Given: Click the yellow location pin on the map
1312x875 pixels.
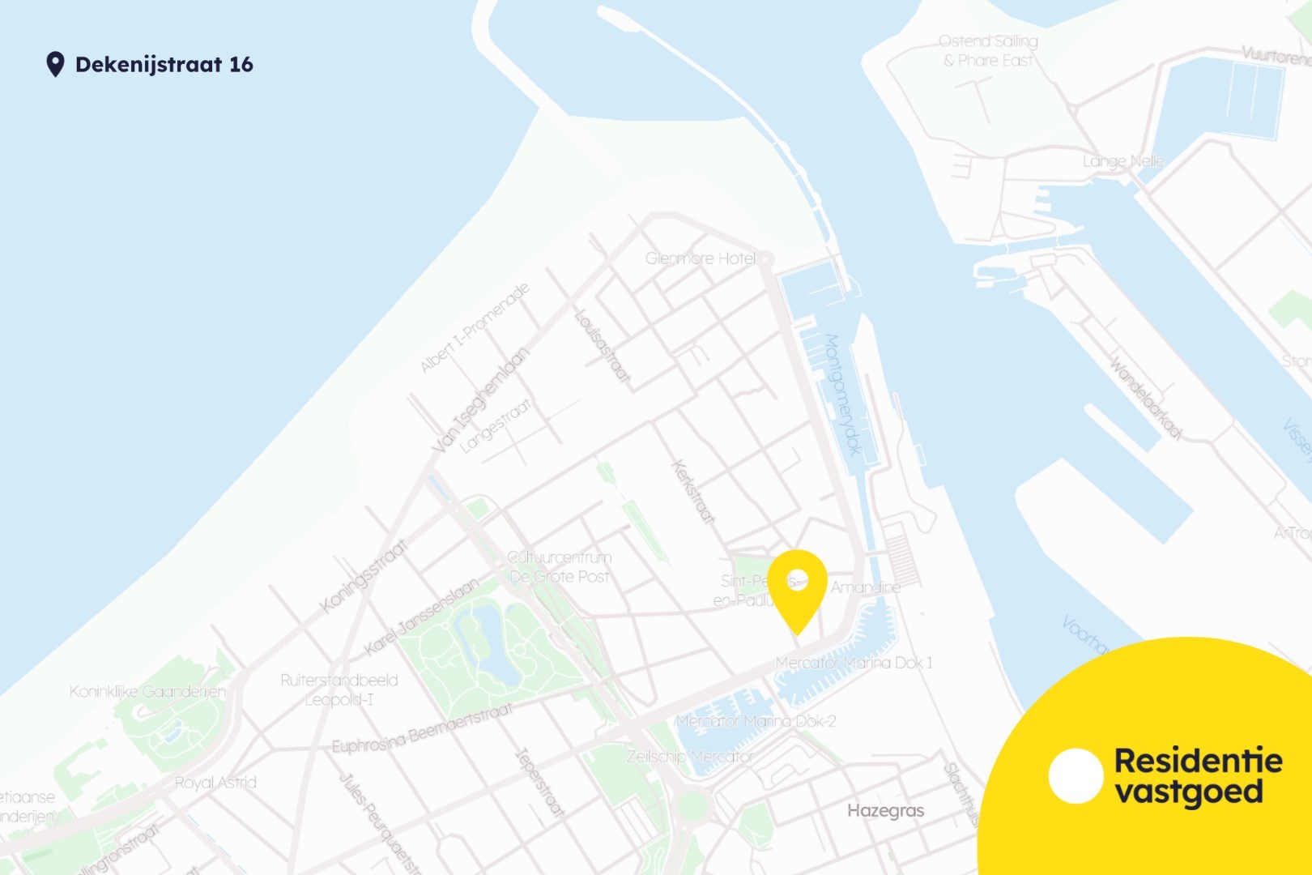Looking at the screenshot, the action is click(x=797, y=587).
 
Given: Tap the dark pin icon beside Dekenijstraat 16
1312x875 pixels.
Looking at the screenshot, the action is click(x=55, y=64).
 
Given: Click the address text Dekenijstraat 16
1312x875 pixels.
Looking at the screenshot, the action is click(x=164, y=65).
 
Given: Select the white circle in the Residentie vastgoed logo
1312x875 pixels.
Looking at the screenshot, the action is click(x=1076, y=775).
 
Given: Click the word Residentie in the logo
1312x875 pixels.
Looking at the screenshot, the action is click(x=1198, y=761).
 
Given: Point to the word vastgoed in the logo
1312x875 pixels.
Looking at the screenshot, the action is click(x=1189, y=792).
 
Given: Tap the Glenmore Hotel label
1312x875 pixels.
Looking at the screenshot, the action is click(x=700, y=258).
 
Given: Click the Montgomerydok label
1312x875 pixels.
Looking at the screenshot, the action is click(x=843, y=395).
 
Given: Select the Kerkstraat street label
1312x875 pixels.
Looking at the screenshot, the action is click(x=694, y=492).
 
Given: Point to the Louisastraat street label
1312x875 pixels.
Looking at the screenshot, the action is click(x=602, y=345).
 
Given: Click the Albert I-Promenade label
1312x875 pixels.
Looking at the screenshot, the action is click(x=475, y=328).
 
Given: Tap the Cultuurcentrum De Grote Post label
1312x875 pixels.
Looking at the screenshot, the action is click(x=560, y=567).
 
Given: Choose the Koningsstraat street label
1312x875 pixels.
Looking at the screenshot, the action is click(x=363, y=577).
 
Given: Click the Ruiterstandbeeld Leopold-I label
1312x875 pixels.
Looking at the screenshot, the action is click(x=339, y=689).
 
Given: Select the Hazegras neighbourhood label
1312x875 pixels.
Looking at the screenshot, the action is click(x=885, y=810).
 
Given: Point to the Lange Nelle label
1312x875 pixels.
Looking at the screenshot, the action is click(x=1123, y=161).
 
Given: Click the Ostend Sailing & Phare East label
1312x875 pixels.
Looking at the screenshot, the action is click(x=988, y=50).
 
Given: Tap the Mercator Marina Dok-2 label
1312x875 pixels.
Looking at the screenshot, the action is click(x=756, y=721).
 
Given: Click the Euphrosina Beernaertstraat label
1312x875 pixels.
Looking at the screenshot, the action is click(x=422, y=729).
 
